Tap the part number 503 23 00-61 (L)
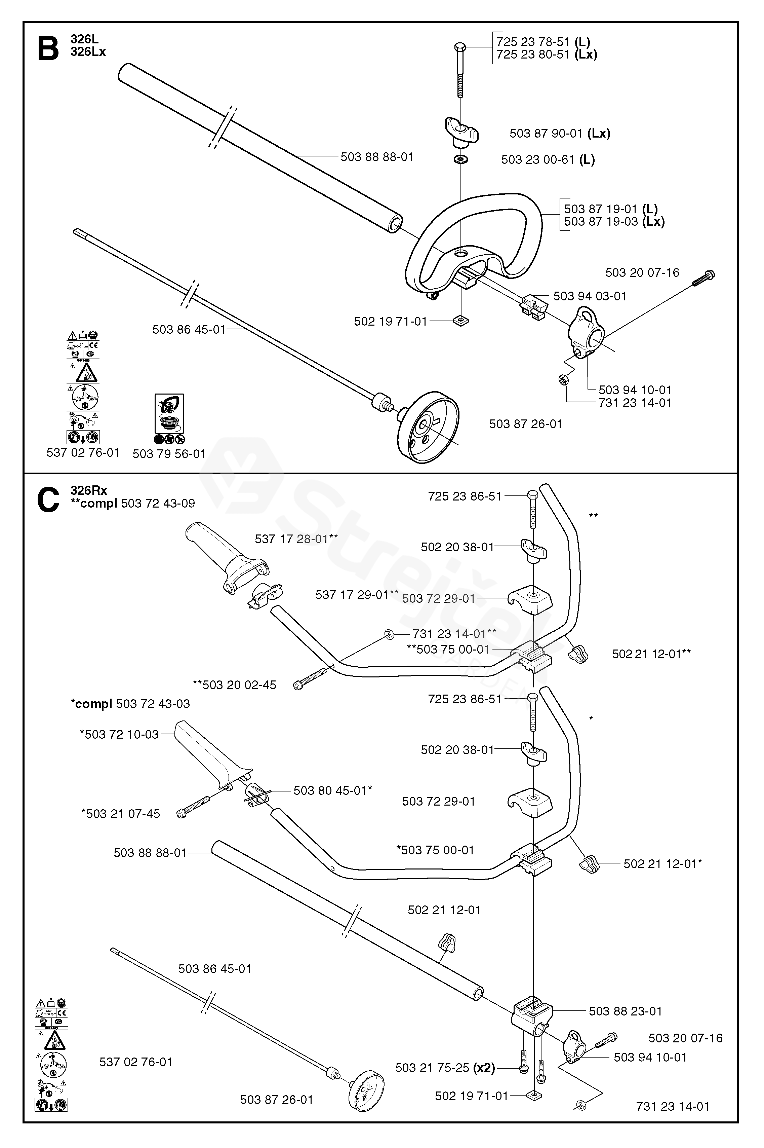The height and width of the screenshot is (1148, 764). coord(548,159)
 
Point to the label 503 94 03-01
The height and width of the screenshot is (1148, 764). coord(590,296)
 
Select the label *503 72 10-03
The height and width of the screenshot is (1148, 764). coord(119,734)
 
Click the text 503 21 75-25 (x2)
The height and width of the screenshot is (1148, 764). coord(445,1068)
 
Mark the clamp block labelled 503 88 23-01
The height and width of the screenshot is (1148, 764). coord(532,1012)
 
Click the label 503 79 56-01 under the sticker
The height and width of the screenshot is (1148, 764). coord(169,453)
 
